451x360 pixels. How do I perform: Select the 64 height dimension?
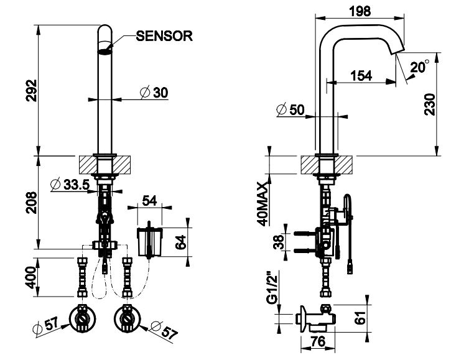click(x=181, y=242)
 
